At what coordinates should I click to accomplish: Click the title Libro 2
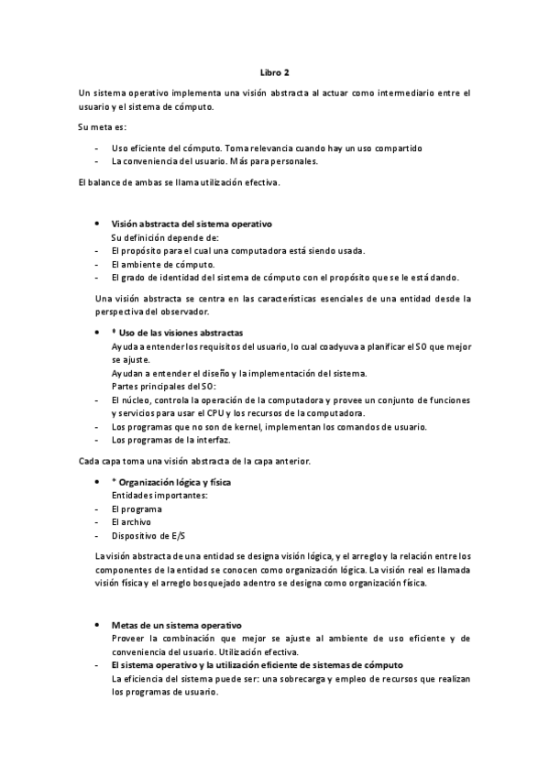[x=274, y=72]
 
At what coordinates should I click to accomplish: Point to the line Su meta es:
[x=103, y=126]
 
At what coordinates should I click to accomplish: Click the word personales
[x=295, y=161]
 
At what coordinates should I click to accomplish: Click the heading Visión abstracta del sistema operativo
[x=191, y=224]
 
